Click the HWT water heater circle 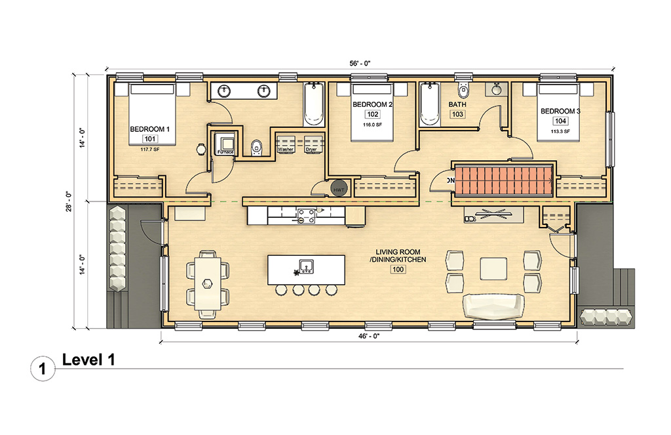pyautogui.click(x=339, y=188)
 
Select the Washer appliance pyautogui.click(x=285, y=143)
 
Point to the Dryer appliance pyautogui.click(x=311, y=143)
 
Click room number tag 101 pyautogui.click(x=150, y=139)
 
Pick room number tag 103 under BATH pyautogui.click(x=457, y=114)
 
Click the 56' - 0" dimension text pyautogui.click(x=359, y=64)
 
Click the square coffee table pyautogui.click(x=493, y=268)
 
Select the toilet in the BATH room pyautogui.click(x=465, y=89)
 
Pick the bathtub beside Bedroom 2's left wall pyautogui.click(x=313, y=105)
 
